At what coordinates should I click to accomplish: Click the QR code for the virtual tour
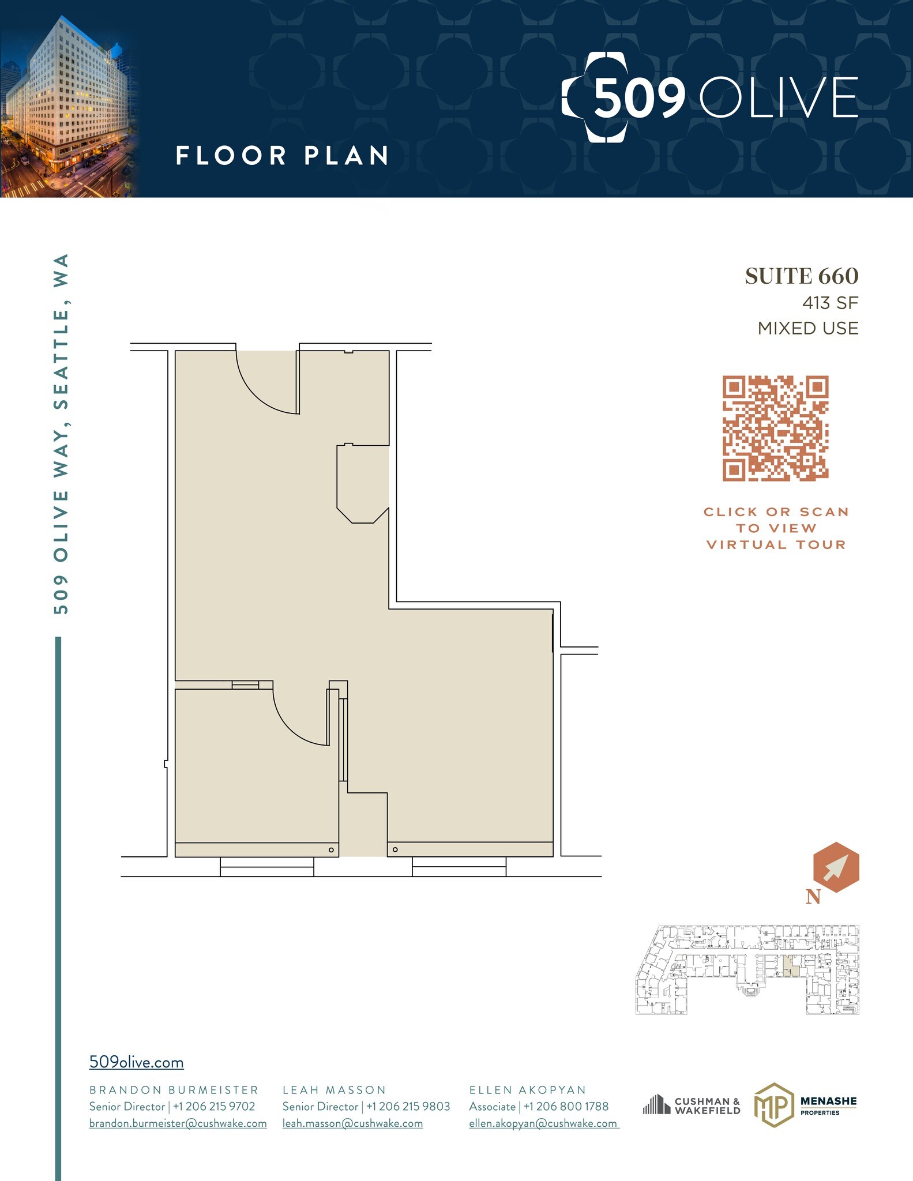click(775, 428)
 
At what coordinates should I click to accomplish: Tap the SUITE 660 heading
click(801, 276)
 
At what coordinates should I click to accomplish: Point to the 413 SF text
click(830, 303)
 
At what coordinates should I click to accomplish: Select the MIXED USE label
click(807, 328)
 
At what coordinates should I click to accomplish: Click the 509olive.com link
click(136, 1062)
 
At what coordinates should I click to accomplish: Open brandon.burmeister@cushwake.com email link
click(178, 1123)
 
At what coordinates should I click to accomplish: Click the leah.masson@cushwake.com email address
click(352, 1123)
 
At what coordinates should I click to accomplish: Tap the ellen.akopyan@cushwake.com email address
click(543, 1123)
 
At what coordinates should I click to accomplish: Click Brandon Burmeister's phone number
click(214, 1107)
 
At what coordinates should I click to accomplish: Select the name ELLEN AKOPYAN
click(528, 1090)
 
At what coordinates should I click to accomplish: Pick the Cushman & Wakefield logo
click(692, 1105)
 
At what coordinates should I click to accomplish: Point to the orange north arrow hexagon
click(836, 867)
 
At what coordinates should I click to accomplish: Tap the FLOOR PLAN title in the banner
click(282, 156)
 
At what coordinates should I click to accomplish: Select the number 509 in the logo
click(639, 97)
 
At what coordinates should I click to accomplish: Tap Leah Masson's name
click(334, 1090)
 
